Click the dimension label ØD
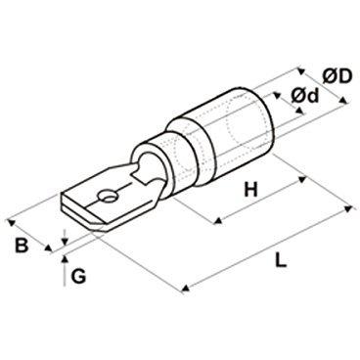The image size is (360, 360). (337, 77)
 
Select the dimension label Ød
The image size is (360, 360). (304, 97)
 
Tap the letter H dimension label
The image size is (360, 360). (250, 190)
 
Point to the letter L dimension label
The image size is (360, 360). (280, 260)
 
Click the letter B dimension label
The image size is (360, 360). (22, 246)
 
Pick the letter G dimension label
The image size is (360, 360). (78, 277)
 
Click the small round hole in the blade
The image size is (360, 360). (107, 197)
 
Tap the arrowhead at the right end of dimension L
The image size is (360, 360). (349, 208)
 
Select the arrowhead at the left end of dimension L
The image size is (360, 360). (185, 289)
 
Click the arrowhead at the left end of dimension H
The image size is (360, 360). (217, 222)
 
